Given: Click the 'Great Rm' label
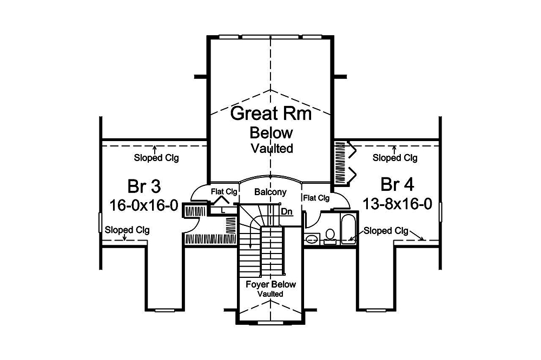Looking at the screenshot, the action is [x=271, y=114].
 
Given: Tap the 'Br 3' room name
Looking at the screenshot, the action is [x=144, y=186].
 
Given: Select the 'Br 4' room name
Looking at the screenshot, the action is [x=397, y=185].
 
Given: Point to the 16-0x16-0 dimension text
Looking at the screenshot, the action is [x=144, y=205].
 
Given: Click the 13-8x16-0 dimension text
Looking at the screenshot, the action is [x=397, y=204].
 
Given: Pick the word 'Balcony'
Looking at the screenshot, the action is [x=270, y=192].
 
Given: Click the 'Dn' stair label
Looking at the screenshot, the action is [x=286, y=211].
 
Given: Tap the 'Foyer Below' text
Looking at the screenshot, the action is [x=271, y=284].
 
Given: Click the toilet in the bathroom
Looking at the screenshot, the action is [x=330, y=236].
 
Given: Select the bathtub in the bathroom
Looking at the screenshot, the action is [x=348, y=229].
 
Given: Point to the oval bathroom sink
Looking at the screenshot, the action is [x=313, y=238].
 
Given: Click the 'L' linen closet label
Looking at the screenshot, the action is [x=223, y=210].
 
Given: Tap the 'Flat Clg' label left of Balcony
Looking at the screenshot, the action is [x=225, y=191].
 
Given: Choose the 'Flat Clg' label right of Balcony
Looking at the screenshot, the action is [x=316, y=198].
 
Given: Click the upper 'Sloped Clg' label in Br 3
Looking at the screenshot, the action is [x=156, y=158].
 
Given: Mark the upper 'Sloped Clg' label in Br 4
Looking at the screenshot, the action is [x=395, y=158].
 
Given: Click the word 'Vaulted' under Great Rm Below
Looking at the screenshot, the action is [x=272, y=149].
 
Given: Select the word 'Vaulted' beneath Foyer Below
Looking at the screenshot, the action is [x=270, y=294].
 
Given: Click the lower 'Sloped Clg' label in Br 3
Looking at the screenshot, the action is [x=127, y=230].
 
